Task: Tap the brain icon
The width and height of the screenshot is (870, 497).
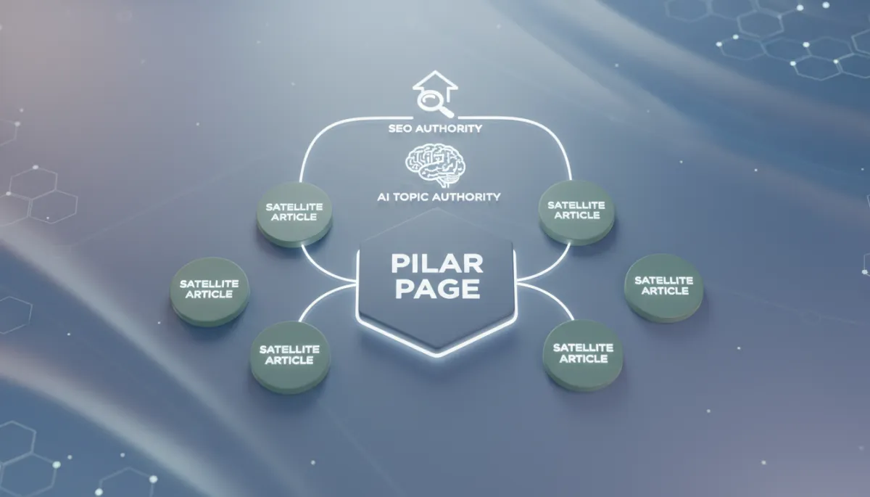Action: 436,165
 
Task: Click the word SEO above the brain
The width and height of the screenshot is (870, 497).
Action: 399,128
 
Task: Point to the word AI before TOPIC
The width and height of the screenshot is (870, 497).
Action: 384,197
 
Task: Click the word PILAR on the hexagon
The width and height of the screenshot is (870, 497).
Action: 437,264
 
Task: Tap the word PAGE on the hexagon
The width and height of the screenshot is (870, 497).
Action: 437,289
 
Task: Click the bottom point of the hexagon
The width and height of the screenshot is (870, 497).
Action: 436,356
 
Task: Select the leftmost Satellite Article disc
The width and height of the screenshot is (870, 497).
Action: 210,292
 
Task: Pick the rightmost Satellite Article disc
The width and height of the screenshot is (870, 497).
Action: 664,288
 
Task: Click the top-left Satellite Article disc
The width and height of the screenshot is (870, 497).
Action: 294,215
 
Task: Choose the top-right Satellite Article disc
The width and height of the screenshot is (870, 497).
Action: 576,213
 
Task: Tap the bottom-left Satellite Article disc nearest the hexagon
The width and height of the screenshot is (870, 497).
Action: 290,357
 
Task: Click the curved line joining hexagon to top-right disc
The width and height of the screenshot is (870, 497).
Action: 551,268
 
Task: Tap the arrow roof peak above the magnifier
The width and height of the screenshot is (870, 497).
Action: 435,71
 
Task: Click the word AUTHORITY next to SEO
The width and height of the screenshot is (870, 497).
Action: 449,128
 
